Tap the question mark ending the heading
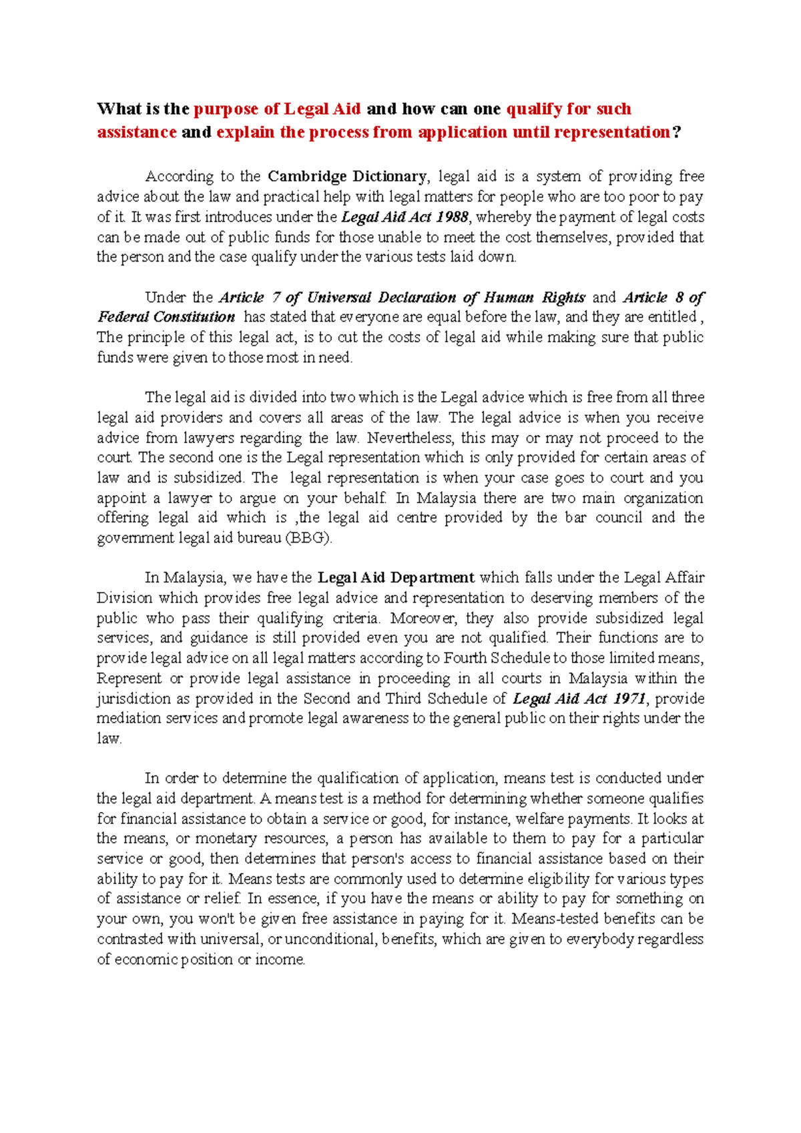(x=677, y=132)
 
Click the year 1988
(x=452, y=217)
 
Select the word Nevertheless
(x=409, y=438)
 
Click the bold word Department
(x=432, y=578)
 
